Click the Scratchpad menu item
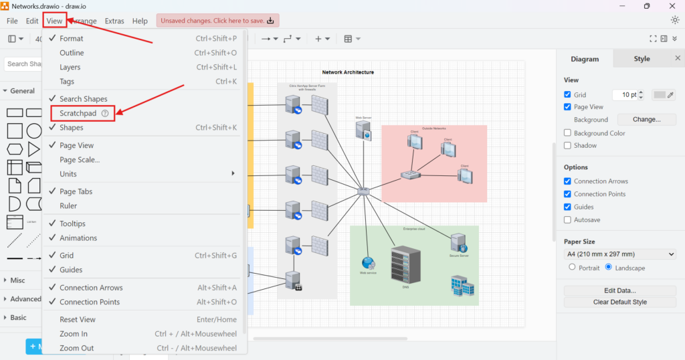coord(78,113)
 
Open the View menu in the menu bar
coord(54,21)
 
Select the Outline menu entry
coord(72,53)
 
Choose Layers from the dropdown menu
coord(70,67)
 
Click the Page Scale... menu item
coord(80,160)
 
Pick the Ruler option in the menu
coord(68,206)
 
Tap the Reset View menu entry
coord(78,320)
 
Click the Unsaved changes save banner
coord(217,21)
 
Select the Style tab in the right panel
coord(642,59)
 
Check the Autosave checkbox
coord(568,219)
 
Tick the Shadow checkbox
coord(568,145)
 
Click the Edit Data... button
coord(620,290)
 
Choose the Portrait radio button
coord(572,267)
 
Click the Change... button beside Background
coord(646,120)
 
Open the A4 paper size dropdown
coord(620,254)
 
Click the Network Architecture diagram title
coord(348,72)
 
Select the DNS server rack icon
coord(405,264)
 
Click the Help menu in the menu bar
coord(140,21)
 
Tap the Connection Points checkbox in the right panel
coord(568,194)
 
